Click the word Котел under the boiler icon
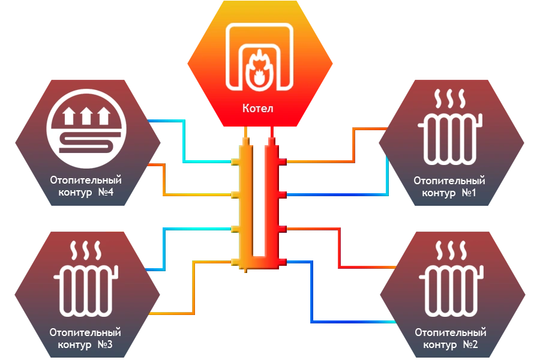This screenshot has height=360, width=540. [x=258, y=109]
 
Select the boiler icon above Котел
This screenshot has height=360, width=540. [x=259, y=58]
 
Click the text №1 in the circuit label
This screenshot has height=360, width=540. [x=469, y=193]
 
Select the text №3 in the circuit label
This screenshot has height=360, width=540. [x=104, y=345]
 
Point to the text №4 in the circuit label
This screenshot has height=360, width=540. [x=105, y=193]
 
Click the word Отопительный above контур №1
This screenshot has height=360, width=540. [x=449, y=180]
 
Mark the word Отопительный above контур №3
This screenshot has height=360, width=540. [x=85, y=332]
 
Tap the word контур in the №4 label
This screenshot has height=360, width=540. [x=76, y=193]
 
